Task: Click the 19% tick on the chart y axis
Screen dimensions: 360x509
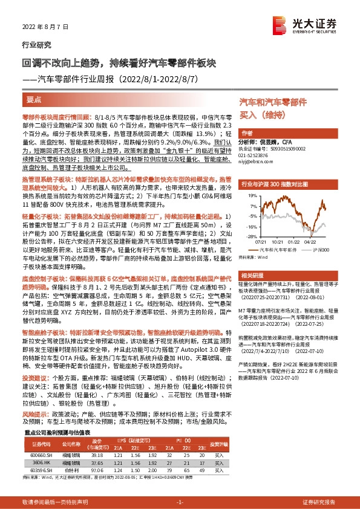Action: point(249,196)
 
